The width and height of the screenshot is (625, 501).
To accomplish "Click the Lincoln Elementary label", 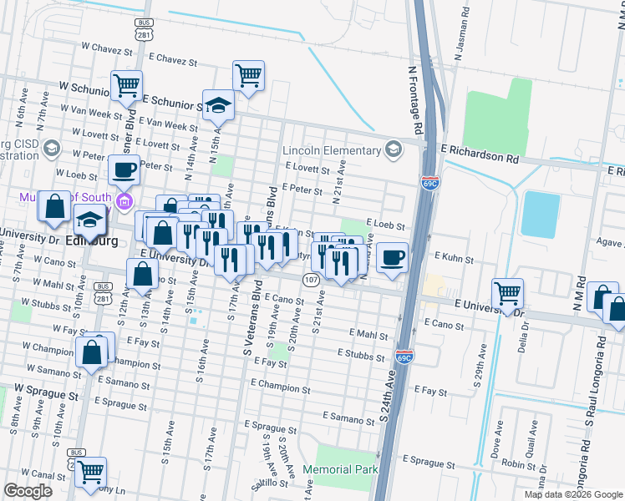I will (331, 150).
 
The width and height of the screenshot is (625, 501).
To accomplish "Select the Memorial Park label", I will (347, 469).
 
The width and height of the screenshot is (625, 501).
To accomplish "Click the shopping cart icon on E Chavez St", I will (248, 75).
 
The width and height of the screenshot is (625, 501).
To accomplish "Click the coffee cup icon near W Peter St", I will (124, 170).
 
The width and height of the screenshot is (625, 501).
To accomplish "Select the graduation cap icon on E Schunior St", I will (218, 104).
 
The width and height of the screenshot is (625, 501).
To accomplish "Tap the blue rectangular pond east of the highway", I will (540, 214).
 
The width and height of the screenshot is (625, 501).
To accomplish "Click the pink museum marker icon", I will (125, 200).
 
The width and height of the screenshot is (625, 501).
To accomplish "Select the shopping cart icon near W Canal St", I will (90, 472).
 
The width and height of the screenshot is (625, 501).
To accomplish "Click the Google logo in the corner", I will (28, 491).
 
